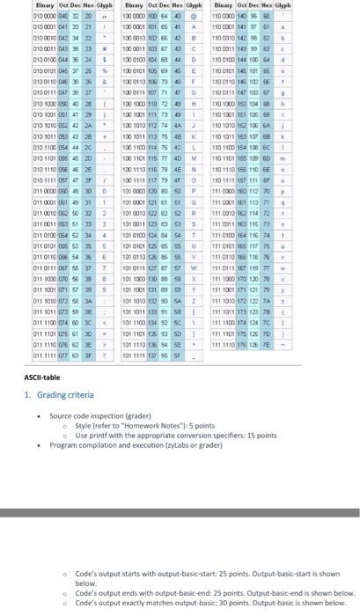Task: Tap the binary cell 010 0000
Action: click(20, 15)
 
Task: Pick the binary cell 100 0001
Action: click(137, 26)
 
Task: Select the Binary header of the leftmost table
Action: click(20, 5)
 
